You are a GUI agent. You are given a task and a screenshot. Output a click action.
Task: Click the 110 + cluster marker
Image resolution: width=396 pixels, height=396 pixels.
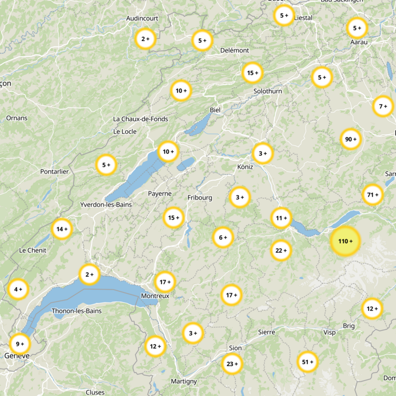(x=345, y=241)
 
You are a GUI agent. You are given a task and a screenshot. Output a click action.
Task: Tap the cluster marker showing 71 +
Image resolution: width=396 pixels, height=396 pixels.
(x=373, y=195)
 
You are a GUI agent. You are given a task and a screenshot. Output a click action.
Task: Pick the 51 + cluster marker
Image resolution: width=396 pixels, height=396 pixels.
(x=308, y=362)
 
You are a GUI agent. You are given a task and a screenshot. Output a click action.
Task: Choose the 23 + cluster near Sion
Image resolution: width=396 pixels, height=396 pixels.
(x=232, y=364)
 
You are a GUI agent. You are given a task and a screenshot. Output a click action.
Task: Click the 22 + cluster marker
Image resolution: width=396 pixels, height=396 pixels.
(x=281, y=250)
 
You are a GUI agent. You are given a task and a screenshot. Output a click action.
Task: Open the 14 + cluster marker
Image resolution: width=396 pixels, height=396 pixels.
(x=62, y=229)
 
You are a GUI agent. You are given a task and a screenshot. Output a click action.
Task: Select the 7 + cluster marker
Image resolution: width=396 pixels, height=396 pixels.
(x=383, y=106)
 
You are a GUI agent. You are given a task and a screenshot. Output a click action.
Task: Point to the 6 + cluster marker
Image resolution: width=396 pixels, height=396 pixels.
(x=223, y=238)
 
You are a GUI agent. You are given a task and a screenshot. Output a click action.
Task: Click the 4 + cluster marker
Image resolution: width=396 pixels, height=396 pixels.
(x=18, y=289)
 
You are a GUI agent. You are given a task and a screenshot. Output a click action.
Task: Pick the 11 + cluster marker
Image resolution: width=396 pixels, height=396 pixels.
(x=281, y=218)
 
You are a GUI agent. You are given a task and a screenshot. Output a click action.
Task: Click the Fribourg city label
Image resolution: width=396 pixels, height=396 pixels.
(x=199, y=198)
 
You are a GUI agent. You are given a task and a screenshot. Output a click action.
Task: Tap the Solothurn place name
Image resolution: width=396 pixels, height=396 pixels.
(x=267, y=92)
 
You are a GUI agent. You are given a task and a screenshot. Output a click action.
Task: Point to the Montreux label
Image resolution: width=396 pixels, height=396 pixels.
(x=155, y=296)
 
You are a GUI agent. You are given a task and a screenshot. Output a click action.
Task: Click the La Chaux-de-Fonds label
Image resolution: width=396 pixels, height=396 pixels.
(x=141, y=119)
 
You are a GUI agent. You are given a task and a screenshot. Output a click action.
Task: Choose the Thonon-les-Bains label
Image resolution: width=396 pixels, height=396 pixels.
(x=76, y=311)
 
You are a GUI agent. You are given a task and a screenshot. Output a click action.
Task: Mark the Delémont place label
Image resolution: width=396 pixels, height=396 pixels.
(x=234, y=50)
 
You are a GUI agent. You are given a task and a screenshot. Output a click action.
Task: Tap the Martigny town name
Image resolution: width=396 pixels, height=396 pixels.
(x=184, y=381)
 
